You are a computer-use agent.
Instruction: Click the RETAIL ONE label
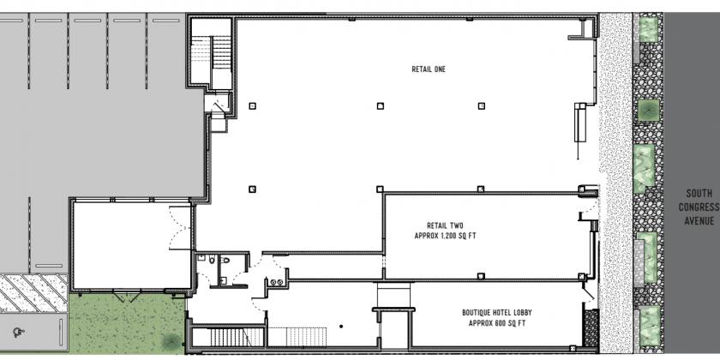coord(429,69)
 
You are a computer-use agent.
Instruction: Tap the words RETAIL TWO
coord(445,225)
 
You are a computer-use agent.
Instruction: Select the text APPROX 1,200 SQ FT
coord(445,236)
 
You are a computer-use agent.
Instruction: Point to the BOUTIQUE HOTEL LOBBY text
coord(497,313)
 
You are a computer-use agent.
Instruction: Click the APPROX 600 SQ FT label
coord(497,323)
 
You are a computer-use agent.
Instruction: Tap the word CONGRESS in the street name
coord(699,207)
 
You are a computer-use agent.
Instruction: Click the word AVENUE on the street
coord(699,221)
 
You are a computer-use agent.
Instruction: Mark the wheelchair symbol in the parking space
coord(18,332)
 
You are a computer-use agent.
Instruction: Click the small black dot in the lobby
coord(341,327)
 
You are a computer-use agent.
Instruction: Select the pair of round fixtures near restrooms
coord(276,282)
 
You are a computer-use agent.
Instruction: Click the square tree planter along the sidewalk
coord(648,111)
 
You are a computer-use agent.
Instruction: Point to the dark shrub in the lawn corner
coord(171,341)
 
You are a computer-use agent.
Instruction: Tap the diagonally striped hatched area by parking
coord(33,292)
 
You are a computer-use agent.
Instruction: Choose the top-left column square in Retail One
coord(252,106)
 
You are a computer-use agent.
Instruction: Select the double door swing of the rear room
coord(180,228)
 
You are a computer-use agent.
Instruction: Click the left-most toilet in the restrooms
coord(212,261)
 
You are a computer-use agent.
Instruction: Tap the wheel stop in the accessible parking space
coord(61,332)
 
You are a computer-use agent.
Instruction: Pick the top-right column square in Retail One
coord(481,106)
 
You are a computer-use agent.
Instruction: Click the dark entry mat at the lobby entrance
coord(591,327)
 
